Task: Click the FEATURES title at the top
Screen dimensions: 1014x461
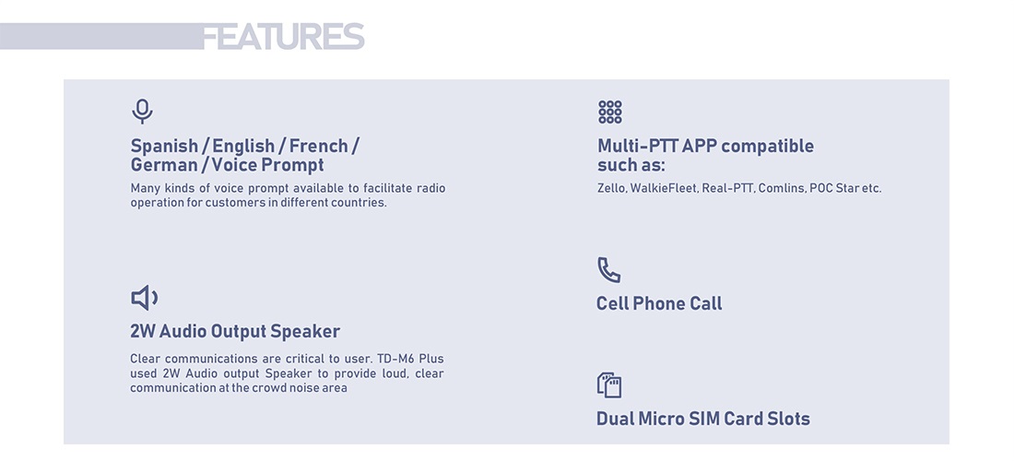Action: (283, 36)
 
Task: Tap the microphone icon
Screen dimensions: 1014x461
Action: (142, 112)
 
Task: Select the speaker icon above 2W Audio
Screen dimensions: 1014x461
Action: (144, 298)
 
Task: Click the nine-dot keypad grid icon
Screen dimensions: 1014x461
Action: (610, 112)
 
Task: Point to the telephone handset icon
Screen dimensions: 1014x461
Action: (608, 269)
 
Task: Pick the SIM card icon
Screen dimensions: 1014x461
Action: (608, 384)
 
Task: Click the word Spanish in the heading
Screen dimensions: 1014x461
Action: (164, 146)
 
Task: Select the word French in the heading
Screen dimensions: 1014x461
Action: (319, 146)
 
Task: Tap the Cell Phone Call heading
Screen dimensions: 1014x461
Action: (659, 303)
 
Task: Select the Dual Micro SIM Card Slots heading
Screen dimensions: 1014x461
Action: (703, 419)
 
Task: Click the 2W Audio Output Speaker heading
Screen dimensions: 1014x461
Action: (235, 331)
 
